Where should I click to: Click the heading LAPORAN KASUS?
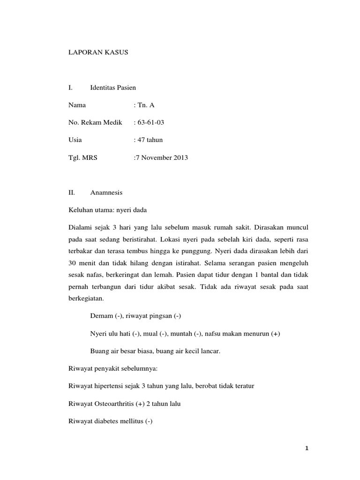(98, 53)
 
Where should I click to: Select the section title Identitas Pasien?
(112, 88)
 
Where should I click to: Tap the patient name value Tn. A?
(144, 105)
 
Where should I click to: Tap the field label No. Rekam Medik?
(95, 123)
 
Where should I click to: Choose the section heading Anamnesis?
(106, 192)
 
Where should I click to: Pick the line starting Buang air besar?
(155, 351)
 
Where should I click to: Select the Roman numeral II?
(71, 192)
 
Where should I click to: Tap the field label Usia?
(75, 140)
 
